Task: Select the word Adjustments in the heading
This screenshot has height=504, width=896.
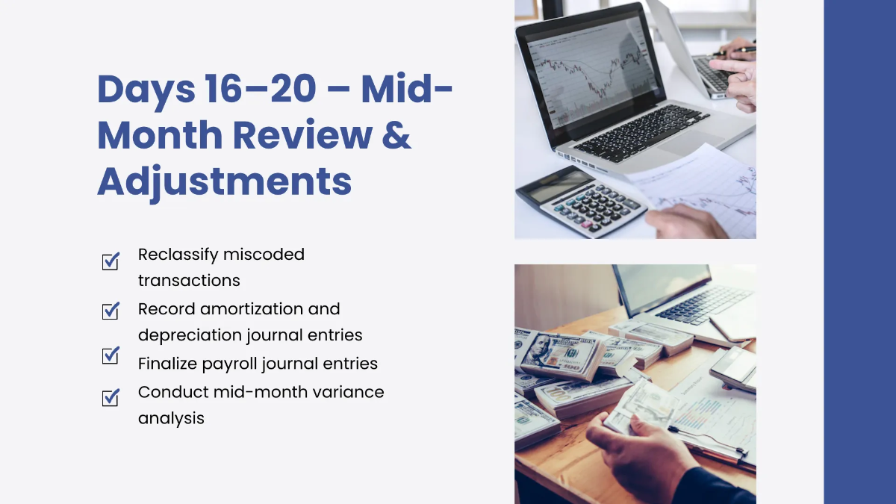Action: click(224, 181)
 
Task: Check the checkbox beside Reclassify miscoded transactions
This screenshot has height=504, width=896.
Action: click(111, 261)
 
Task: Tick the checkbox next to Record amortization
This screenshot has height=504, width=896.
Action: click(111, 310)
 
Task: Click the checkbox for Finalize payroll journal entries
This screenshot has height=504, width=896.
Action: click(111, 356)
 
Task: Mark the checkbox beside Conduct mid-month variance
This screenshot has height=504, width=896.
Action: click(111, 398)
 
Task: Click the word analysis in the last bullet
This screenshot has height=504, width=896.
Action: click(171, 418)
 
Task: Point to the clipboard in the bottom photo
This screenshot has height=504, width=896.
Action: click(709, 418)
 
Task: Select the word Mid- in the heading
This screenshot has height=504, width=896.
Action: click(407, 90)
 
